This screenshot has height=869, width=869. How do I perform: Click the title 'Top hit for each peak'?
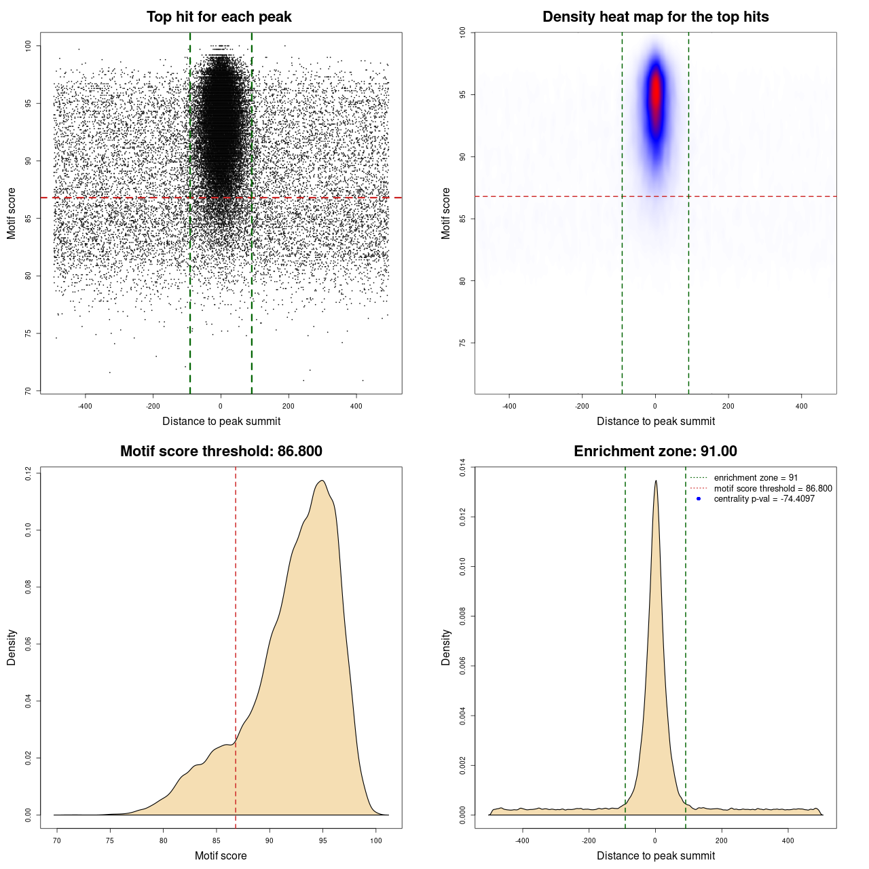click(219, 17)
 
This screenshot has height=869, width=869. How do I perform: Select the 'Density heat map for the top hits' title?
click(655, 17)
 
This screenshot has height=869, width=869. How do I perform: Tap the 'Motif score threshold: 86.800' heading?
click(221, 451)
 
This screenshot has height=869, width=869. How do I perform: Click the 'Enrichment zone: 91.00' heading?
click(655, 451)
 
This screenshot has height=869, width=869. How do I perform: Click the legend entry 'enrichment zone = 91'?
click(756, 478)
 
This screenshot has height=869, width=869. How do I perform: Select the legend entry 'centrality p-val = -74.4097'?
click(764, 499)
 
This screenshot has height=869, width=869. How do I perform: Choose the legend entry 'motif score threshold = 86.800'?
click(773, 489)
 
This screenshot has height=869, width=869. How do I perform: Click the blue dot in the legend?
click(699, 499)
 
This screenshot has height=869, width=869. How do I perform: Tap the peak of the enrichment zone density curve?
click(656, 481)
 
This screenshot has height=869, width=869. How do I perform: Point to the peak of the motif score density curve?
click(322, 481)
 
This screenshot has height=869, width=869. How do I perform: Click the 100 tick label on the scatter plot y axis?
click(29, 45)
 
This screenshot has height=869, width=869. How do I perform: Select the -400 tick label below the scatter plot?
click(85, 407)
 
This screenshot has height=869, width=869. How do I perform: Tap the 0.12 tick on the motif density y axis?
click(29, 473)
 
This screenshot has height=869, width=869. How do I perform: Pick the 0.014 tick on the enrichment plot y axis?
click(463, 468)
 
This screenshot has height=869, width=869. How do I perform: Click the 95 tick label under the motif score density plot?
click(322, 841)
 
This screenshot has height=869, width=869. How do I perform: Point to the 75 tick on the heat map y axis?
click(463, 344)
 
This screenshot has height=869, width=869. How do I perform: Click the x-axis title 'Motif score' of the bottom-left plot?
click(221, 856)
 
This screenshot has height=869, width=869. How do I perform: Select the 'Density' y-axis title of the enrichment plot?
click(446, 647)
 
